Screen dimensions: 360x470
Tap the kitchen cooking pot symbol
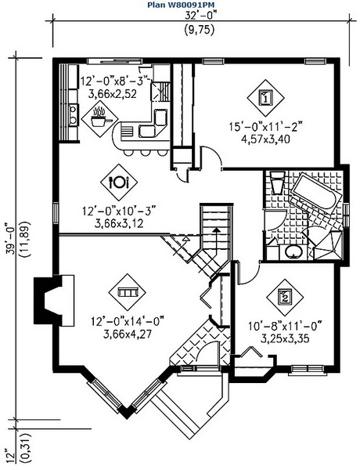[x=99, y=118]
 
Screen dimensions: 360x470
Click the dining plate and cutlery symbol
[x=119, y=182]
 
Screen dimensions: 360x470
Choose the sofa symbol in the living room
[x=128, y=291]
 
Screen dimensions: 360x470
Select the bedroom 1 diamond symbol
[x=265, y=98]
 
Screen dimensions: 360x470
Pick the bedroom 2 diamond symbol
[x=285, y=298]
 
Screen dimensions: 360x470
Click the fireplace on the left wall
[x=54, y=301]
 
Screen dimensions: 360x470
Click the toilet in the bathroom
[x=277, y=182]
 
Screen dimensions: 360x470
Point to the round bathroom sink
[x=293, y=251]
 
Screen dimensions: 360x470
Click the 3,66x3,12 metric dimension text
[x=119, y=223]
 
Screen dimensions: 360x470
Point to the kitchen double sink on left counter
[x=73, y=115]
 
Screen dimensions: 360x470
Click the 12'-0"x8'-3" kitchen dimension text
[x=115, y=81]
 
